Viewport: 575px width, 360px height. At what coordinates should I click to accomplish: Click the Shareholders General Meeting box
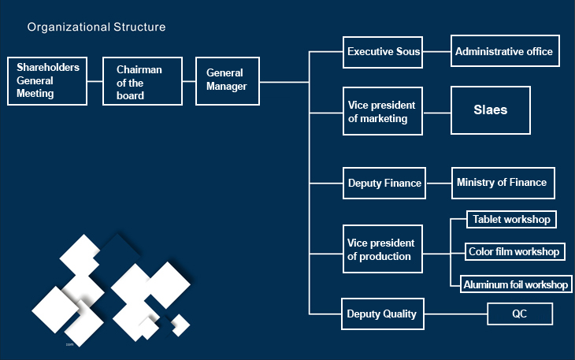tap(46, 81)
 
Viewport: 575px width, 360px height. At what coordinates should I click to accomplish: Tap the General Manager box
tap(227, 80)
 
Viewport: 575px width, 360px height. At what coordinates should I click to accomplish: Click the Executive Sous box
tap(383, 52)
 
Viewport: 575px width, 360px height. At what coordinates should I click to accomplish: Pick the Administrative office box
tap(505, 52)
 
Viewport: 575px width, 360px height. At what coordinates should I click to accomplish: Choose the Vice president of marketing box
tap(383, 112)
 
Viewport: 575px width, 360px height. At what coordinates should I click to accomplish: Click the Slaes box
tap(490, 110)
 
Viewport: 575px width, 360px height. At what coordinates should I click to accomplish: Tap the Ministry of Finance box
tap(503, 183)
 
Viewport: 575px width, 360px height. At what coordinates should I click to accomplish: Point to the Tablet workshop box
tap(511, 219)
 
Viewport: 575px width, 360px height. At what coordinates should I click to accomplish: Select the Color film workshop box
tap(514, 252)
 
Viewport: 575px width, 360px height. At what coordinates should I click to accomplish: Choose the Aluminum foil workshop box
tap(515, 284)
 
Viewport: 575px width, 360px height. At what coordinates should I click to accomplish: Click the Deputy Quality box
tap(383, 314)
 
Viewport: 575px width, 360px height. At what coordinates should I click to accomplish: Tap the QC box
tap(519, 314)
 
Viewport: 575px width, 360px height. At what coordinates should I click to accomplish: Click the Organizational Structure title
tap(96, 27)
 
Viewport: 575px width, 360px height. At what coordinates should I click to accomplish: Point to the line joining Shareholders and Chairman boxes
tap(95, 81)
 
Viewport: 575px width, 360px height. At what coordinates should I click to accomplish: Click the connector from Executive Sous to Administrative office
tap(436, 53)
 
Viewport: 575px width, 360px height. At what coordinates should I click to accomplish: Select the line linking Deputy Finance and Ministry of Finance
tap(438, 183)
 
